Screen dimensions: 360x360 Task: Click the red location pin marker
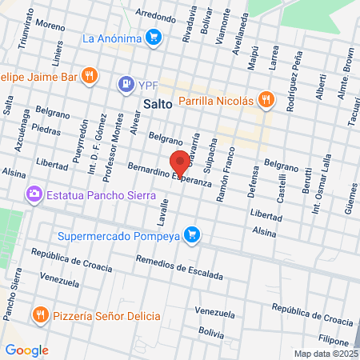(x=180, y=162)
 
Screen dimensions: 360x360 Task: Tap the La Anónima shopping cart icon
(x=154, y=37)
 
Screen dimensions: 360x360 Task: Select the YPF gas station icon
(x=126, y=83)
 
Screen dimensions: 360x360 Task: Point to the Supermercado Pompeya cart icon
(x=191, y=234)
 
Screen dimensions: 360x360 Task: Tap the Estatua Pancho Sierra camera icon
(x=34, y=193)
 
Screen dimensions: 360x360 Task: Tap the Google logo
(x=26, y=350)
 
